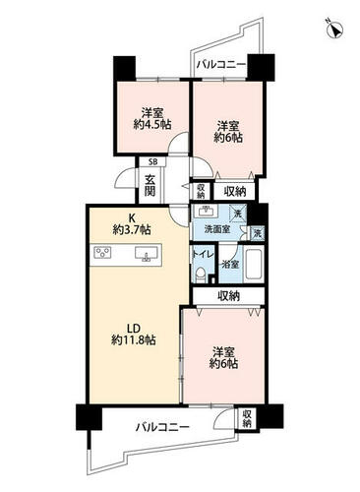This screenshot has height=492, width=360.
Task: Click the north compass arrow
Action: [x=335, y=30]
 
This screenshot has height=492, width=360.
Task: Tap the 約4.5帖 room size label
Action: [x=152, y=124]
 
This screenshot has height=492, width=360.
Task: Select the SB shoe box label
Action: [x=152, y=161]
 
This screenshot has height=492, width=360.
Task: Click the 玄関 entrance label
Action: [x=150, y=186]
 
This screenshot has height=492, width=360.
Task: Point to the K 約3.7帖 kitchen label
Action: [x=132, y=224]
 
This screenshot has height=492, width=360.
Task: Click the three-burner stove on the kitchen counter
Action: [x=102, y=253]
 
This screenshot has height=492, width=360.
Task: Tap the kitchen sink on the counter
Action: [x=148, y=255]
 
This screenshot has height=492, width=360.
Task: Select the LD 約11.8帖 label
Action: [x=134, y=335]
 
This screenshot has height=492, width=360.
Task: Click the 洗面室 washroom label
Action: [x=217, y=229]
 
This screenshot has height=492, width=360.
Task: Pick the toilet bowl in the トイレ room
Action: [x=200, y=275]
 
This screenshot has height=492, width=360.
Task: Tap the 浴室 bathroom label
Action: [x=230, y=265]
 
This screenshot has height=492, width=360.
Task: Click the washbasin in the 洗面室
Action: [x=206, y=211]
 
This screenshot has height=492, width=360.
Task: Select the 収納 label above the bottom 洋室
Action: [x=229, y=296]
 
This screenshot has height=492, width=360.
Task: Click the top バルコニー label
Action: [x=221, y=64]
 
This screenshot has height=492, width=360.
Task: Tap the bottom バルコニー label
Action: [x=162, y=427]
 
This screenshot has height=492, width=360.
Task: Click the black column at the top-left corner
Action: [x=124, y=68]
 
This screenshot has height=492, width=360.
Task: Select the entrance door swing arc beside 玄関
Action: [x=125, y=177]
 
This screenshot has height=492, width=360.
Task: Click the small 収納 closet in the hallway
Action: [x=201, y=191]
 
